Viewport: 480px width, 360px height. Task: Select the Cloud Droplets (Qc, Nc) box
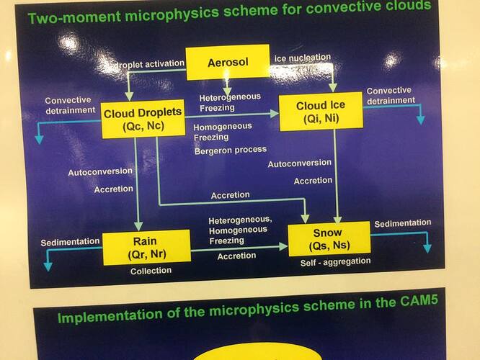click(143, 118)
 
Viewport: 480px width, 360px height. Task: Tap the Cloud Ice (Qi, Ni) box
click(321, 112)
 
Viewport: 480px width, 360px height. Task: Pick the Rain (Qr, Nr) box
click(146, 247)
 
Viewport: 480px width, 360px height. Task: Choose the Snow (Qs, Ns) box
click(329, 239)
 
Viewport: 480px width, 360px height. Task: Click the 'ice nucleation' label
click(302, 57)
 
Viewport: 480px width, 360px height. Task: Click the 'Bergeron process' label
click(230, 150)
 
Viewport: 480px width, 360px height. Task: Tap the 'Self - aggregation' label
click(335, 261)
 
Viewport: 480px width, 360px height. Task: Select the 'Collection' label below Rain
click(151, 271)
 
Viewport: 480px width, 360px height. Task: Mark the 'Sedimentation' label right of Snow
click(402, 223)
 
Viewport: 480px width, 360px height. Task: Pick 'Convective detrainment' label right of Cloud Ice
click(388, 96)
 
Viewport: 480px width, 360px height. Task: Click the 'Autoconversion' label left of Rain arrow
click(99, 172)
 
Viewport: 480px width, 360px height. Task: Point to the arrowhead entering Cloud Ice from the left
click(275, 113)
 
